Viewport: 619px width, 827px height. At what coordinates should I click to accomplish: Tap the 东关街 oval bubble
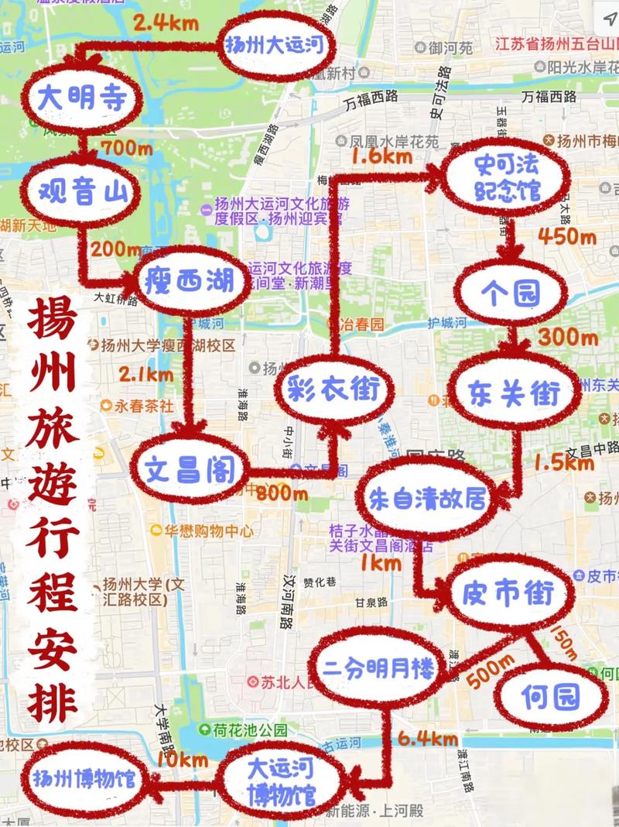point(514,393)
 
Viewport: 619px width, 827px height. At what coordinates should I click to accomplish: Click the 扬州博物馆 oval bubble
point(84,777)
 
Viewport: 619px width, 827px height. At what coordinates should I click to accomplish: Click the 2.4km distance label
point(162,21)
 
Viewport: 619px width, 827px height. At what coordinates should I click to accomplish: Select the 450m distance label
point(567,235)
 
